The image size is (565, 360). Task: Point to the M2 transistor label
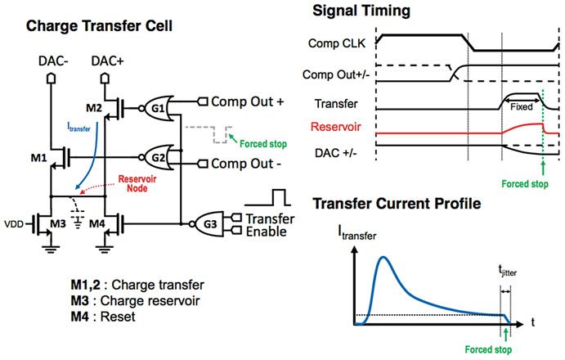93,109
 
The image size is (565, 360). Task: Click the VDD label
14,222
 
